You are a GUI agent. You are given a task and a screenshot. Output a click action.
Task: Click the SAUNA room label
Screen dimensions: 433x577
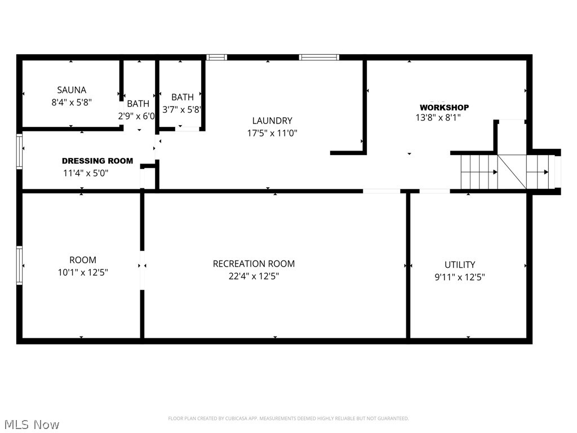pyautogui.click(x=72, y=90)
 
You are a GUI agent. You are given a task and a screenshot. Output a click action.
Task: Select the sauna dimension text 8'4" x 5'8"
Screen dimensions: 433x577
pyautogui.click(x=72, y=103)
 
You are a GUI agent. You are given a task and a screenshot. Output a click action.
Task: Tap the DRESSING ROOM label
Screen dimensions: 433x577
pyautogui.click(x=97, y=161)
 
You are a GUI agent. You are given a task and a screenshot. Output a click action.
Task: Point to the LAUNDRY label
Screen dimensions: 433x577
pyautogui.click(x=272, y=121)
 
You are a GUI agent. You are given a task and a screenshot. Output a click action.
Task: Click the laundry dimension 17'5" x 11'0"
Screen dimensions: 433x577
pyautogui.click(x=272, y=133)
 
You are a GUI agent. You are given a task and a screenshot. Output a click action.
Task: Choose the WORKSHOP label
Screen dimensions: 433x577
pyautogui.click(x=444, y=107)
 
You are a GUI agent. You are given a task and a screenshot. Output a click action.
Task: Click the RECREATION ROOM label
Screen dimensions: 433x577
pyautogui.click(x=254, y=264)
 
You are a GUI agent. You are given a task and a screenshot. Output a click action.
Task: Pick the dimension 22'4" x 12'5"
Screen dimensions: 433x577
pyautogui.click(x=254, y=276)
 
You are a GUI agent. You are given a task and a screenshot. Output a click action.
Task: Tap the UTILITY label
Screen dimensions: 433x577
pyautogui.click(x=460, y=264)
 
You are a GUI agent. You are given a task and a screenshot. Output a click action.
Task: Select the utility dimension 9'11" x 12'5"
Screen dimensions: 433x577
pyautogui.click(x=460, y=277)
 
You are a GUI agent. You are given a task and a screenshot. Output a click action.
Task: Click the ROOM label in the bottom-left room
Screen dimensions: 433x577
pyautogui.click(x=83, y=260)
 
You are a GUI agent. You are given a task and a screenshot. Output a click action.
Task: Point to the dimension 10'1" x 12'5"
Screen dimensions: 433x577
pyautogui.click(x=83, y=272)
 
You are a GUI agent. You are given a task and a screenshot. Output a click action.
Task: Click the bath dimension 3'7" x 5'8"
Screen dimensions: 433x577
pyautogui.click(x=182, y=110)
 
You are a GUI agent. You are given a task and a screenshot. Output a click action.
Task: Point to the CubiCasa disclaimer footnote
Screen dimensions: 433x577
pyautogui.click(x=288, y=418)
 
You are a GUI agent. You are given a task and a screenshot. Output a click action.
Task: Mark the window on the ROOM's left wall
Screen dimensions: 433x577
pyautogui.click(x=20, y=265)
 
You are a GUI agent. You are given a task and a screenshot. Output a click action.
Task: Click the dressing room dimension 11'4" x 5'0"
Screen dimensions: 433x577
pyautogui.click(x=86, y=173)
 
